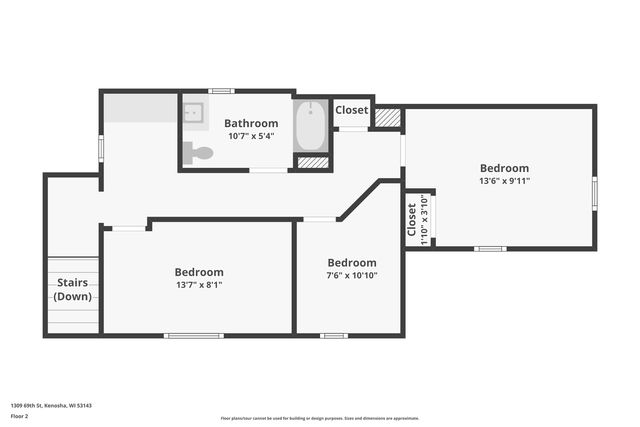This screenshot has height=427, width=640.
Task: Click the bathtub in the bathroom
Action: [312, 125]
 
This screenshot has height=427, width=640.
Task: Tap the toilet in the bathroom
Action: [199, 153]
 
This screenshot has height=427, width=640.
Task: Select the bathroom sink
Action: [193, 112]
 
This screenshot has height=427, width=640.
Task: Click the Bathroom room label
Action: [250, 123]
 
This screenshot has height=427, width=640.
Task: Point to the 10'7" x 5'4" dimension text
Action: [250, 136]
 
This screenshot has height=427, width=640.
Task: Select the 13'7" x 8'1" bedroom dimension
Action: [199, 284]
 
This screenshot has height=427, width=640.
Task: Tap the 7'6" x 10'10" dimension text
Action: [352, 275]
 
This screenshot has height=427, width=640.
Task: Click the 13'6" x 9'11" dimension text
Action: [504, 181]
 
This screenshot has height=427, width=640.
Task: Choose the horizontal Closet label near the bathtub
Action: [351, 110]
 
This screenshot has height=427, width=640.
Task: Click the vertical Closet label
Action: [411, 220]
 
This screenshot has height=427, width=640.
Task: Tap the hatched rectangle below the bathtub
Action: [313, 162]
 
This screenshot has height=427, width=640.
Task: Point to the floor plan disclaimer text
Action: [319, 418]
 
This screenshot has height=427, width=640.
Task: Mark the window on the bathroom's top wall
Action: [221, 91]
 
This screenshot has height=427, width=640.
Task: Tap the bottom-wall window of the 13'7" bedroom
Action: [194, 335]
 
